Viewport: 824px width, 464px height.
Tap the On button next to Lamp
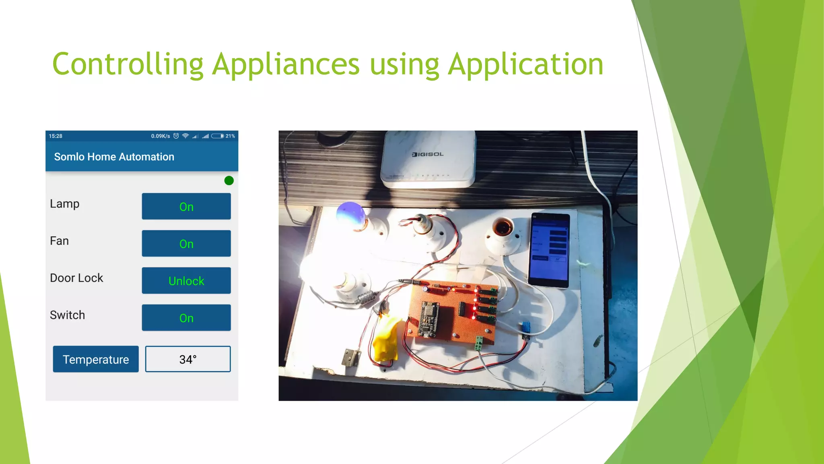186,206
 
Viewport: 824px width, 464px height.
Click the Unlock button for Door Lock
186,280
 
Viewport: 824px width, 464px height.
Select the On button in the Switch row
186,318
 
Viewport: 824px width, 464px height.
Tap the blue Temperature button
96,359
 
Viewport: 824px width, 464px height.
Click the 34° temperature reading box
188,359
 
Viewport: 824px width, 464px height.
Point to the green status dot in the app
229,180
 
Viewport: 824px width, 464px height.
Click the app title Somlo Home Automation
114,157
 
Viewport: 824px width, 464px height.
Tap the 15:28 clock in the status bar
56,136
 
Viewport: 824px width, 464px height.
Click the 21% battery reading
230,136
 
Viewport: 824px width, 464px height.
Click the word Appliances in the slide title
286,64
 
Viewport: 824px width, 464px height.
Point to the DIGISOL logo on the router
428,154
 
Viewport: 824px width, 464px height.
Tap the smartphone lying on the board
550,250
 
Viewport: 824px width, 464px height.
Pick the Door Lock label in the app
76,278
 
